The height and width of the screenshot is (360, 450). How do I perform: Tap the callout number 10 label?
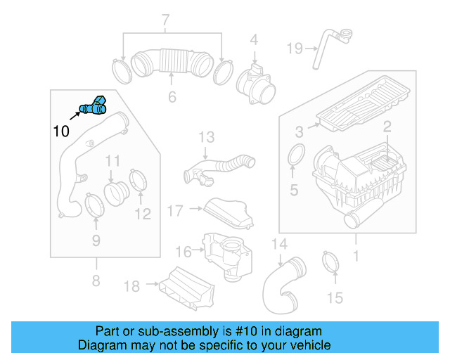60,130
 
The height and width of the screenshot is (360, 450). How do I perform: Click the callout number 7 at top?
166,20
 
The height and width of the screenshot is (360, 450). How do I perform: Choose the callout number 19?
294,48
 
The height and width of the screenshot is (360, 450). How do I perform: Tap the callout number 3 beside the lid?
299,131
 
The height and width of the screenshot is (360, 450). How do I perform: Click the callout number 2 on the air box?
386,127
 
